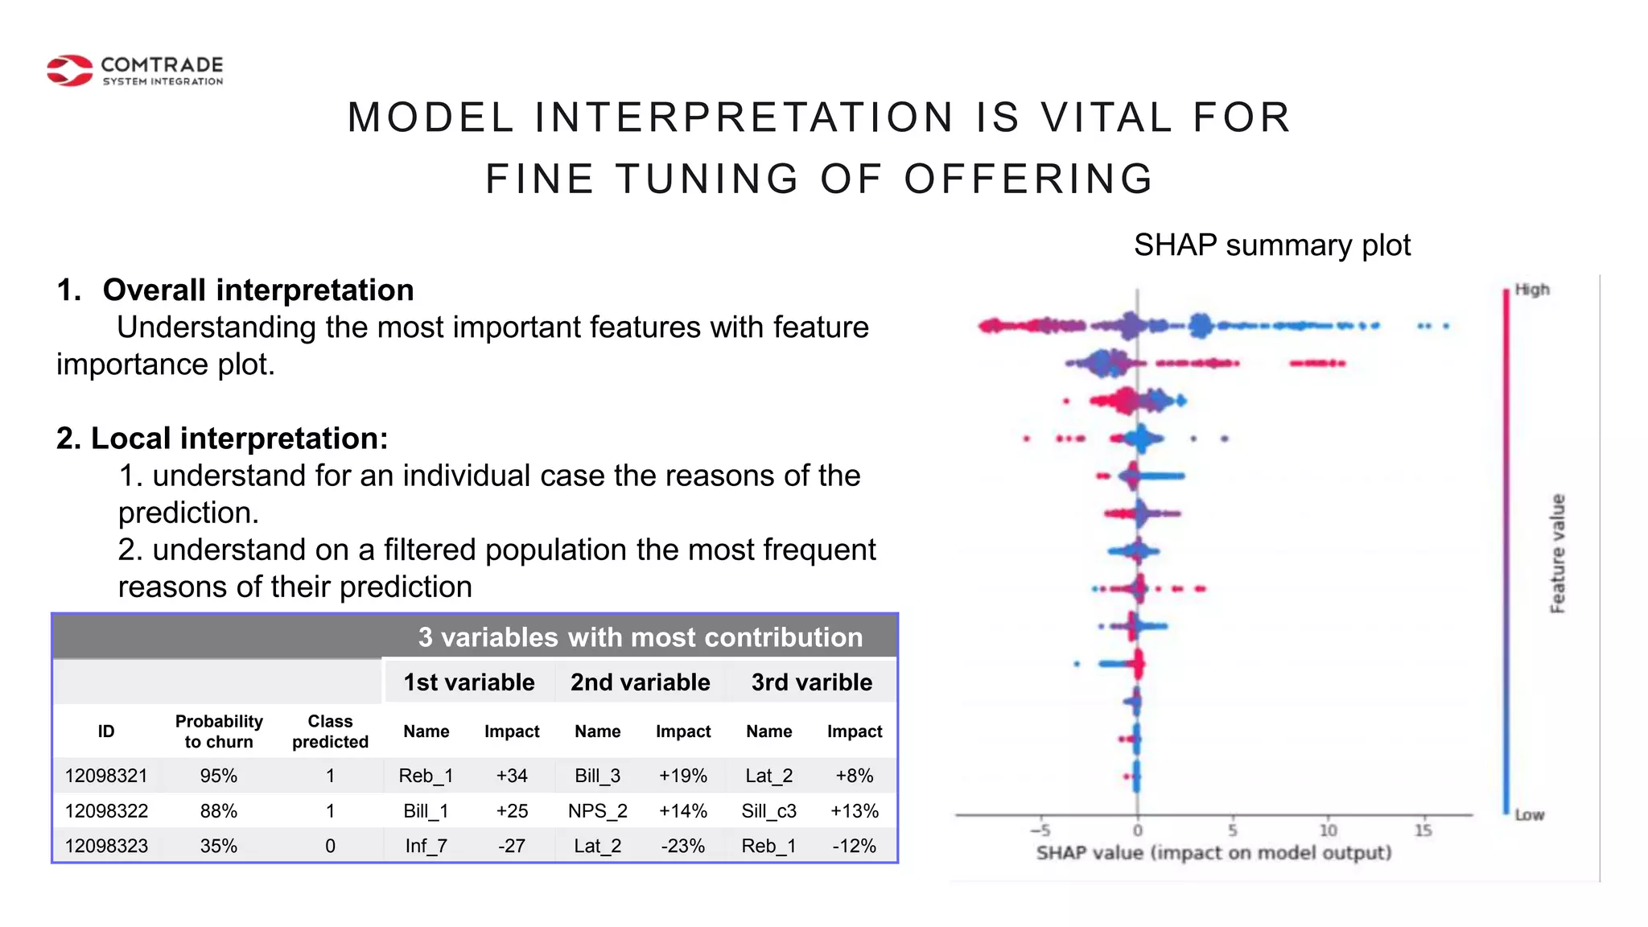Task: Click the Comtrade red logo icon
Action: [x=70, y=71]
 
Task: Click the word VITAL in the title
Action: [x=1106, y=117]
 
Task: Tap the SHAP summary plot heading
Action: [x=1271, y=245]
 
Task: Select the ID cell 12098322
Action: [x=106, y=811]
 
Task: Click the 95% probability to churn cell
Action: [x=218, y=776]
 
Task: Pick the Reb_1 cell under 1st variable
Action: [x=426, y=776]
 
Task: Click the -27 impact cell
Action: [x=511, y=847]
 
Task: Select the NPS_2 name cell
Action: [x=597, y=811]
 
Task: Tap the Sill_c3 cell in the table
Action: [x=768, y=811]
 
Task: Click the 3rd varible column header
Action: [x=811, y=682]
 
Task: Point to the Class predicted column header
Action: [x=330, y=731]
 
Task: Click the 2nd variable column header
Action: [x=640, y=682]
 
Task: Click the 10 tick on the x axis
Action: [x=1328, y=830]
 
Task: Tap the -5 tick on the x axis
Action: [x=1040, y=830]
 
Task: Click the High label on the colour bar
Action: [x=1532, y=290]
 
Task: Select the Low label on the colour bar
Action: [x=1529, y=815]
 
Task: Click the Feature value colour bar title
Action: [x=1558, y=554]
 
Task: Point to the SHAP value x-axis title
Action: [x=1213, y=853]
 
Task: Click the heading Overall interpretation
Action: [x=257, y=290]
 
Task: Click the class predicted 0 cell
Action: [x=330, y=847]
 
